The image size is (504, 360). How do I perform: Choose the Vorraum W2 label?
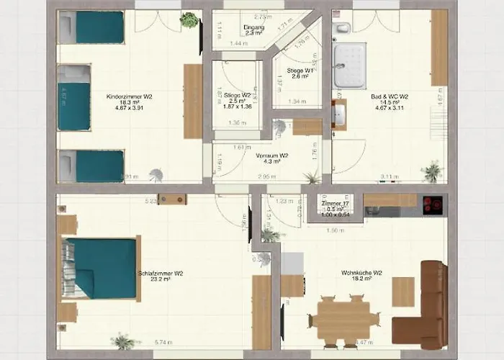[x=271, y=155]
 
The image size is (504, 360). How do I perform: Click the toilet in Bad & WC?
[x=343, y=29]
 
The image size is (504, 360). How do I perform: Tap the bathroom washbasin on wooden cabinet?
[x=339, y=115]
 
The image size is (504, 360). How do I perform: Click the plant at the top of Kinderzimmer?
[x=189, y=20]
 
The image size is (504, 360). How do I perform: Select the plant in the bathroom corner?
[x=432, y=171]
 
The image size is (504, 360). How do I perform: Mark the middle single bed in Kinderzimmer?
[x=73, y=96]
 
